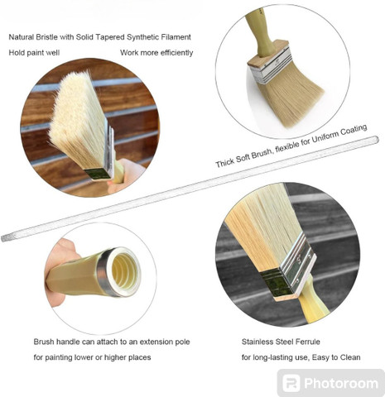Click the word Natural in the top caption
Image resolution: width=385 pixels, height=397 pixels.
[22, 37]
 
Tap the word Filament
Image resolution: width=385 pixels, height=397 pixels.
[176, 37]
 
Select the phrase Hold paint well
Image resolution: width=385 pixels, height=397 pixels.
[34, 53]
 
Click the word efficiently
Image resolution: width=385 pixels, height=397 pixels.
[176, 53]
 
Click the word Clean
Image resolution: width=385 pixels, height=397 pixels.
[350, 357]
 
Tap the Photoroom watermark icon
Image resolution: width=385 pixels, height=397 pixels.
[291, 383]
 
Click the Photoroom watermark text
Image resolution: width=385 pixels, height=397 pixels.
[341, 383]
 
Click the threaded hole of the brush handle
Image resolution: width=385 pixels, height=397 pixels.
[126, 270]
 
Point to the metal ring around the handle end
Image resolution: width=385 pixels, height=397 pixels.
[105, 271]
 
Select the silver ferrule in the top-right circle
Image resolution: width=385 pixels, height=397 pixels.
[272, 65]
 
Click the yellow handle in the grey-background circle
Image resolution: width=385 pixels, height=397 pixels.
[314, 302]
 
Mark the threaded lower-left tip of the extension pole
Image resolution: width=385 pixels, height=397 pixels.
[4, 238]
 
